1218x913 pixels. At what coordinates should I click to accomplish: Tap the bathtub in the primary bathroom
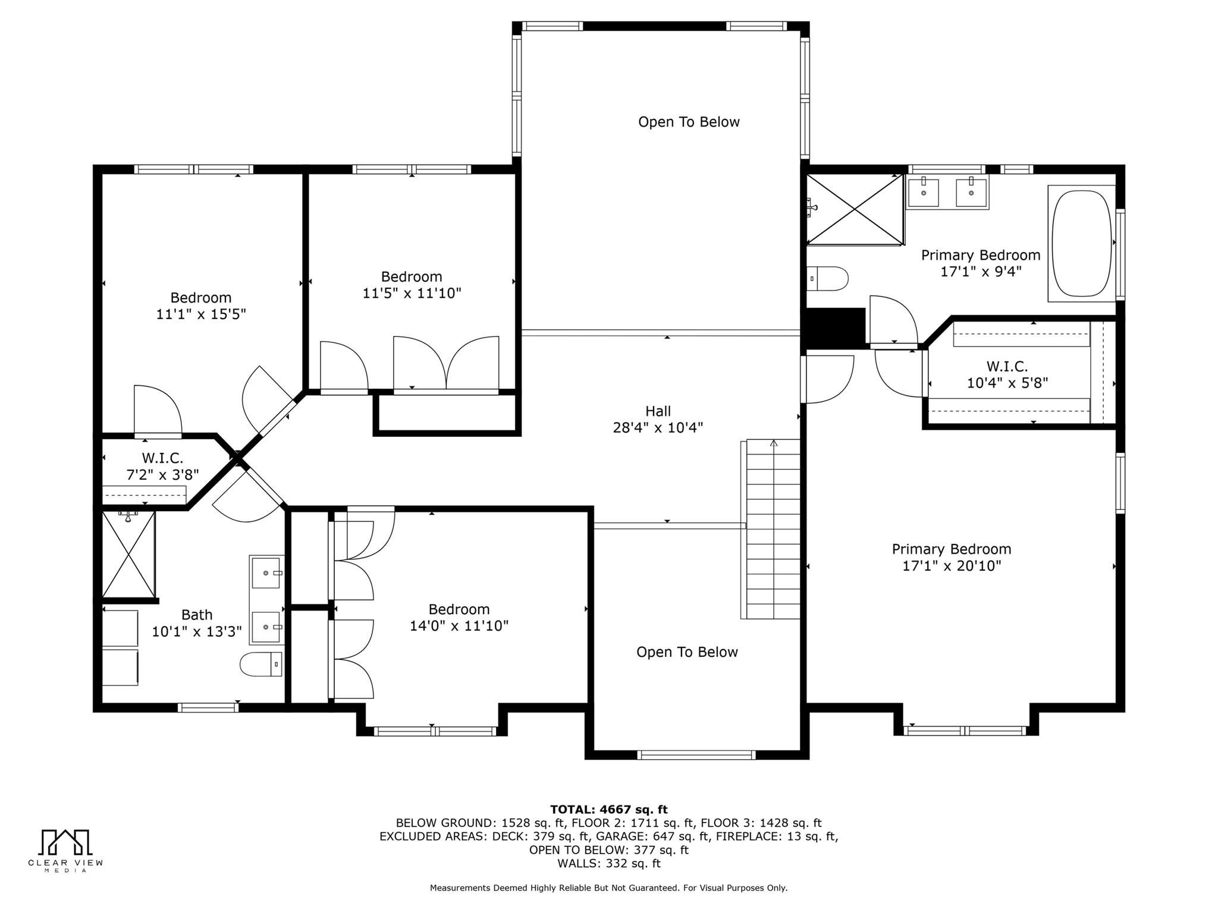(1081, 244)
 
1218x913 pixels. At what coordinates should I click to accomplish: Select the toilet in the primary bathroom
(828, 279)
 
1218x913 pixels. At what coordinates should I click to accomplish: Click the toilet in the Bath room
(261, 664)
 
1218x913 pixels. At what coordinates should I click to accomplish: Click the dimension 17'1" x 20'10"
(952, 566)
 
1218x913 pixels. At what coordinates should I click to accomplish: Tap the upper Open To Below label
(689, 122)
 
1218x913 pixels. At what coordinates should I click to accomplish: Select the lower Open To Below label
(687, 652)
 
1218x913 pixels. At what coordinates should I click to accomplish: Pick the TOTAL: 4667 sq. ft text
(608, 809)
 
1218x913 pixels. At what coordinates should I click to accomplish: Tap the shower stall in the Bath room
(128, 554)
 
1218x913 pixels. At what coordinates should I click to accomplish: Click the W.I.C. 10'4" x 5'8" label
(1007, 374)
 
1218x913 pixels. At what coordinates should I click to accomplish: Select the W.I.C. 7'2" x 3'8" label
(162, 467)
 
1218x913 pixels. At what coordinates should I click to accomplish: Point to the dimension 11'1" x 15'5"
(201, 314)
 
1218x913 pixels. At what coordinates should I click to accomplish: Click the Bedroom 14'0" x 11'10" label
(459, 617)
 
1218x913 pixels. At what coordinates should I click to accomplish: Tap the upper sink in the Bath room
(266, 572)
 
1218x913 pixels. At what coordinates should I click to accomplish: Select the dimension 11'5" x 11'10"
(412, 293)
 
